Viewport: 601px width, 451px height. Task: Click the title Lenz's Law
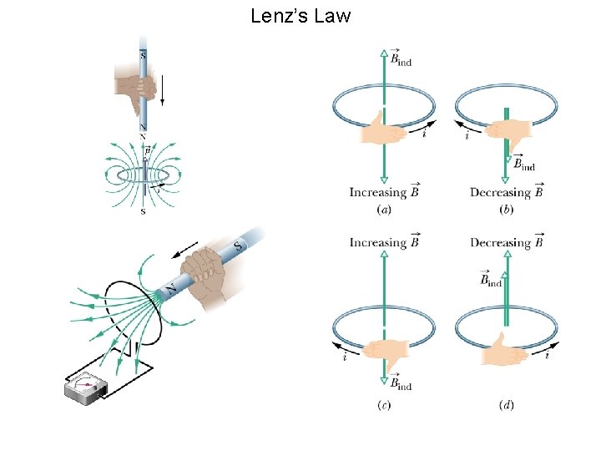point(300,16)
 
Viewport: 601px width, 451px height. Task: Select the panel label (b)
point(506,209)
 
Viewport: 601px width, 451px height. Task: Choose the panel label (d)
point(506,405)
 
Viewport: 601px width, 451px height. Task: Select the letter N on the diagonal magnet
point(171,289)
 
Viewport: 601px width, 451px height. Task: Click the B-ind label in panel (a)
point(401,58)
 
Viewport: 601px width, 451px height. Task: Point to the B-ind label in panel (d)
point(490,280)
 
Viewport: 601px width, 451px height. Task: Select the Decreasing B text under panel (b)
point(507,192)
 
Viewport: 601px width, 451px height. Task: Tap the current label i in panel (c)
point(345,357)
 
